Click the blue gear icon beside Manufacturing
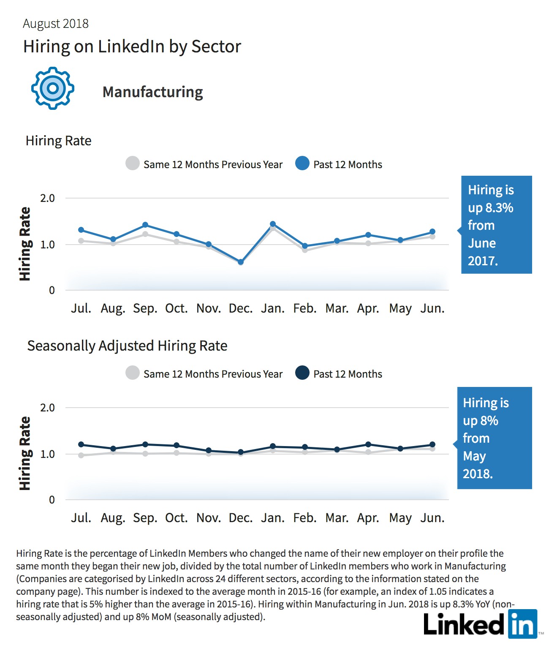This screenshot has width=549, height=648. [x=53, y=88]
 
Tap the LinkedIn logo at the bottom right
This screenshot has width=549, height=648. [x=481, y=624]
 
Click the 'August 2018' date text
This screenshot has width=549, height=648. [x=56, y=24]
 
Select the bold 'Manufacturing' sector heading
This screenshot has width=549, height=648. [x=152, y=92]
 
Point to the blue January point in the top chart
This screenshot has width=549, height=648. [x=273, y=224]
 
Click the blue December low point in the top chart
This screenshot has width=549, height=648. [x=241, y=262]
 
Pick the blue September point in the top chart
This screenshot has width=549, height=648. [x=145, y=225]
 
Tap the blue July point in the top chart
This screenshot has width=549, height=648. [x=81, y=230]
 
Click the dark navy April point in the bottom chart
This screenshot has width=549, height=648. [x=368, y=444]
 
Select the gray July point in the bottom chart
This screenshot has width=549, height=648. [x=81, y=455]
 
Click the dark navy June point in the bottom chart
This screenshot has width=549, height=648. [x=432, y=444]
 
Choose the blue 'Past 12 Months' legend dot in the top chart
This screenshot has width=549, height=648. [x=302, y=163]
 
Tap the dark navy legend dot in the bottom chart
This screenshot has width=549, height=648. [x=302, y=373]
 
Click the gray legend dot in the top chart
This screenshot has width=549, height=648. [x=133, y=163]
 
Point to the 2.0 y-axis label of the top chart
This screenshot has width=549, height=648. [x=47, y=198]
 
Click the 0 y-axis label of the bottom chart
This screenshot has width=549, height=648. [x=52, y=500]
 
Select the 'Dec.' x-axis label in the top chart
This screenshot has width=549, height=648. [x=241, y=308]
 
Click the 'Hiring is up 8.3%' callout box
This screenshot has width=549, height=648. [x=496, y=224]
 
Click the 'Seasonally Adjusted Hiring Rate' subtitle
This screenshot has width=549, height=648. [x=127, y=346]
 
